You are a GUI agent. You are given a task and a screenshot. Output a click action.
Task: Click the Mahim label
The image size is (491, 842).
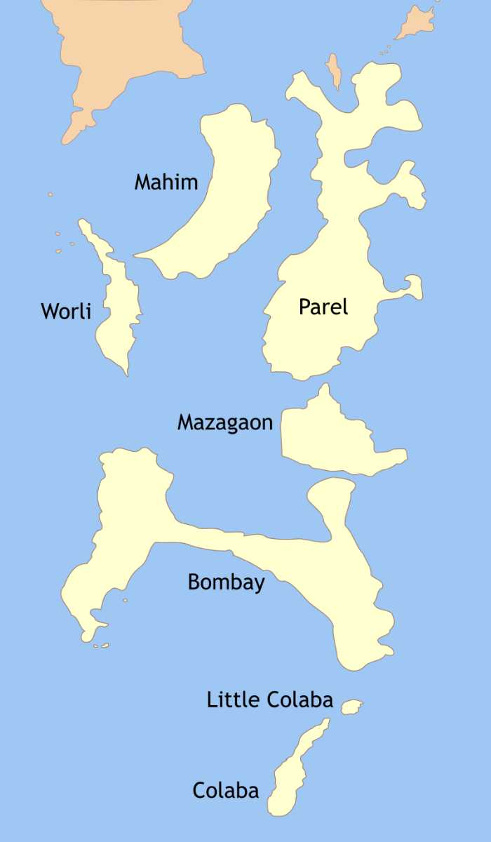point(166,182)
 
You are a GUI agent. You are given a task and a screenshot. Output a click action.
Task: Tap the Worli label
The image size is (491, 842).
point(66,311)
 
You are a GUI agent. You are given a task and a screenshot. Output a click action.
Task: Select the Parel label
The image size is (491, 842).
point(323,307)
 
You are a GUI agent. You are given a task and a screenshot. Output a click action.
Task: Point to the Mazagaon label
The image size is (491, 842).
point(224,422)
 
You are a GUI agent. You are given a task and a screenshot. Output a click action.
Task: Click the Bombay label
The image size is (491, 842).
point(226,582)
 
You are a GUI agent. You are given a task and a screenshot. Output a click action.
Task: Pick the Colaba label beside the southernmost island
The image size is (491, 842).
point(225,791)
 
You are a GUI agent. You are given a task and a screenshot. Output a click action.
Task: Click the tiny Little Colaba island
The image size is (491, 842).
point(351,707)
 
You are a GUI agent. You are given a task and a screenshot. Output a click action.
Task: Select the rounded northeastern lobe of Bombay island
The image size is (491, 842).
point(331,495)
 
